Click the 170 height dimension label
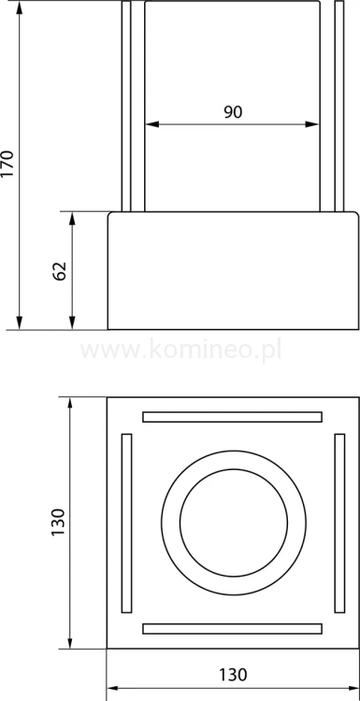pos(8,164)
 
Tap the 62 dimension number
pos(60,271)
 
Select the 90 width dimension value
pos(233,112)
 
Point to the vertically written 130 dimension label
pos(58,522)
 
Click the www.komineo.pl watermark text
pos(180,350)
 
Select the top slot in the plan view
pos(233,416)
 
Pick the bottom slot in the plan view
pos(233,628)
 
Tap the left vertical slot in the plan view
pos(127,522)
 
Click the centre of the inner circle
pos(233,522)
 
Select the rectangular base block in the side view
pos(233,271)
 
